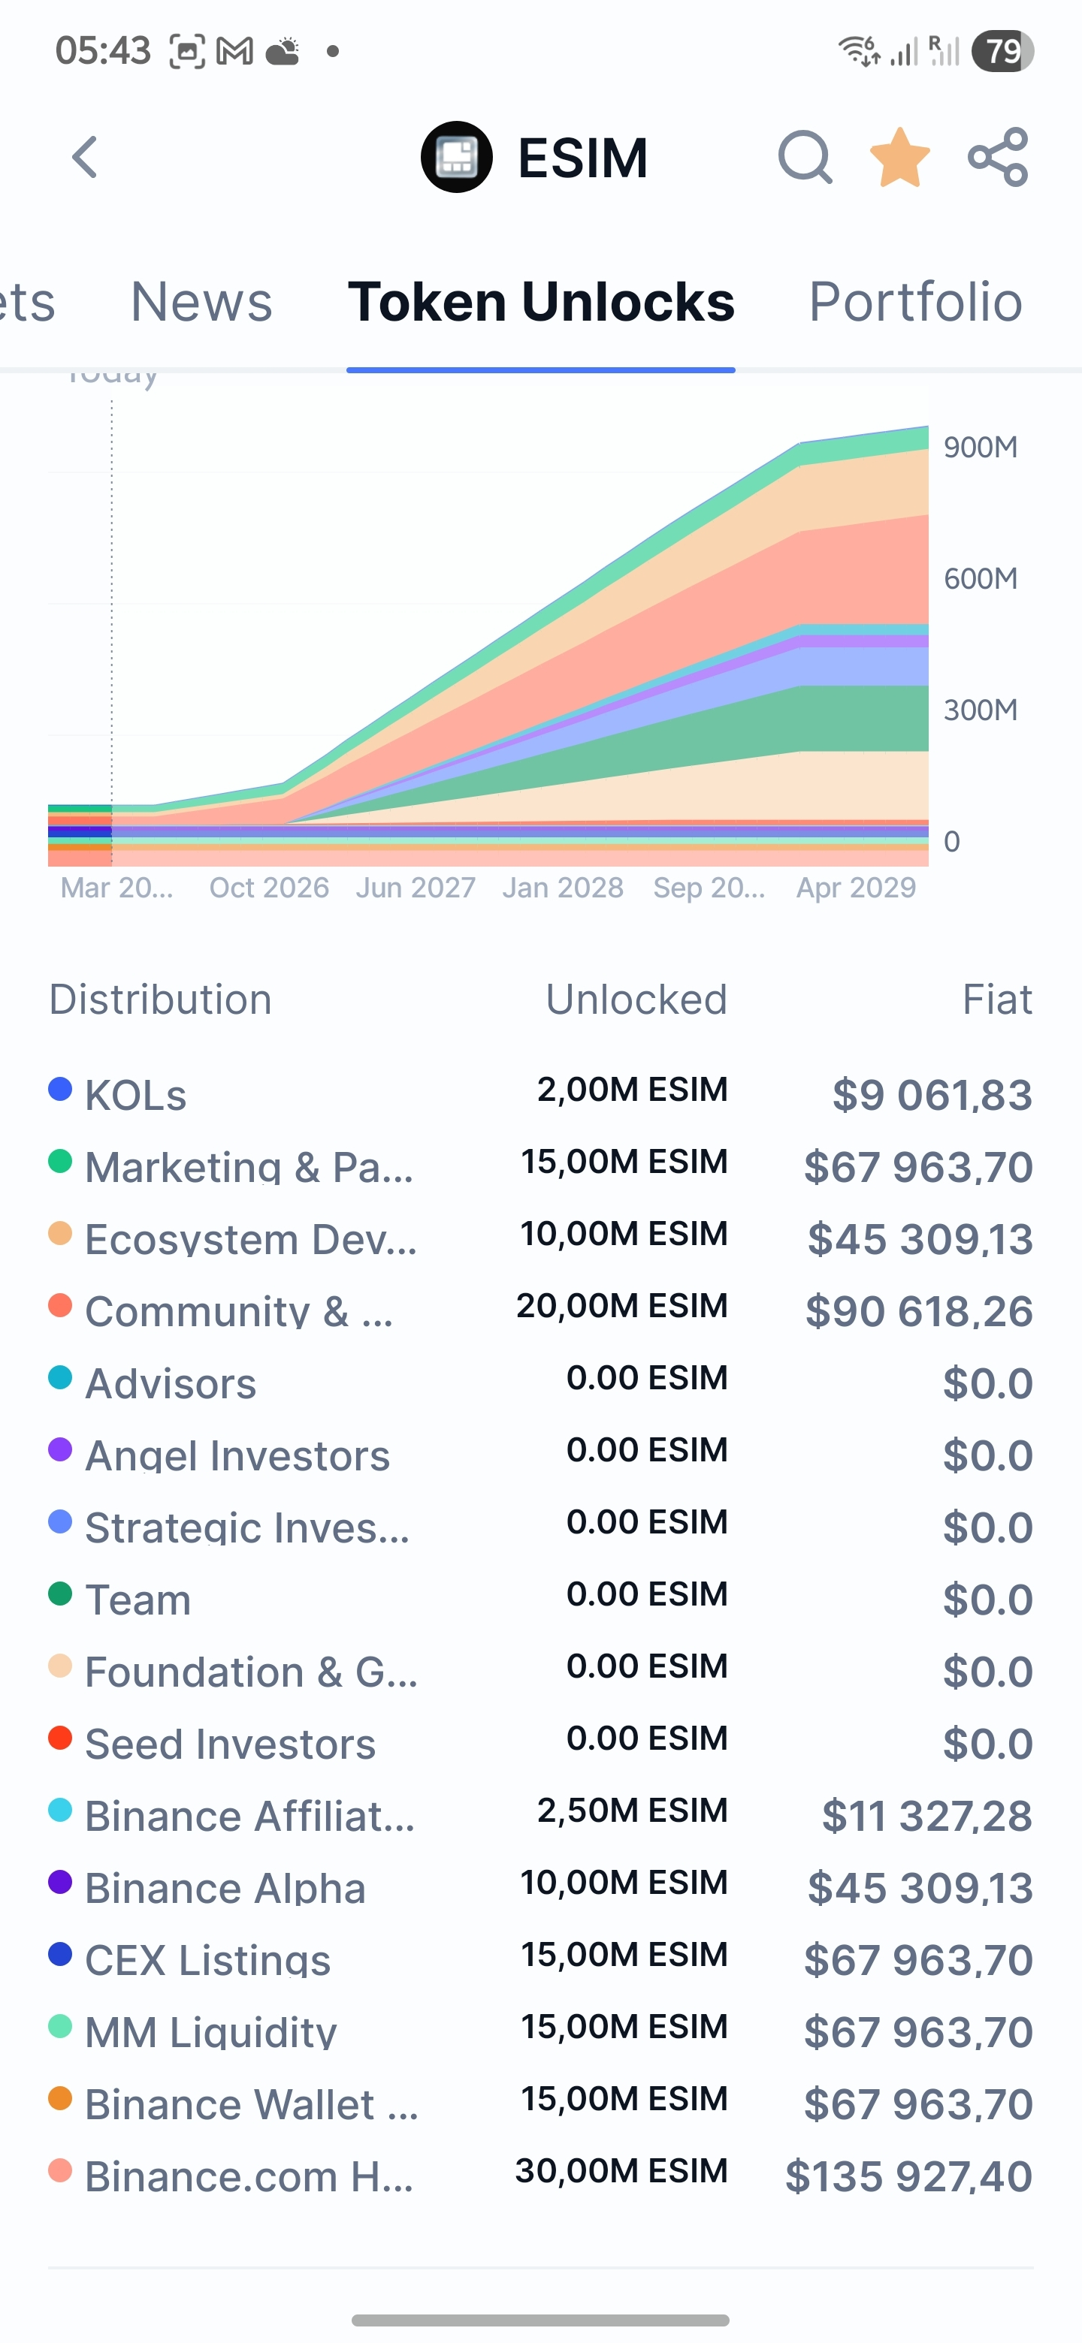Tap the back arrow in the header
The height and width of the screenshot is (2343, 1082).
click(86, 158)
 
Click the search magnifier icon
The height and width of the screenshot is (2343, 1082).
click(805, 158)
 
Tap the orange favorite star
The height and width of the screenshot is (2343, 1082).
click(899, 158)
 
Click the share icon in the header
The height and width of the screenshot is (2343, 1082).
click(999, 158)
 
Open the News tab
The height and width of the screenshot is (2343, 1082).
click(201, 301)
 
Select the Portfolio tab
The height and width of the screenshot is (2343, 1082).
click(915, 301)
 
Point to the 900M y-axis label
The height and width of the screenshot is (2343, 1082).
click(980, 447)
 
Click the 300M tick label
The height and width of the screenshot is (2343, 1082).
click(980, 710)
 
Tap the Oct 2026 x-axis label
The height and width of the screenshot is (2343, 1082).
click(269, 887)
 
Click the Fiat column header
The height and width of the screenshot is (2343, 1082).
click(996, 1000)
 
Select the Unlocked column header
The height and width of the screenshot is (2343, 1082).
click(636, 1000)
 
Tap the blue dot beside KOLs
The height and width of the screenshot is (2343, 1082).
click(60, 1089)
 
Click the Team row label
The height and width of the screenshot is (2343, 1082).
click(138, 1599)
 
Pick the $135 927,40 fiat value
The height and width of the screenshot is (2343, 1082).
click(908, 2176)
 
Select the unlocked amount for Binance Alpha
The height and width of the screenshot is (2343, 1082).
click(624, 1882)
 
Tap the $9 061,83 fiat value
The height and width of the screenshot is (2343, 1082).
click(932, 1094)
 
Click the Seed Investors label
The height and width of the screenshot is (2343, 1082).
click(230, 1744)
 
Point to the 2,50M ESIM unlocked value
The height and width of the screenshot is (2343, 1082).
click(632, 1810)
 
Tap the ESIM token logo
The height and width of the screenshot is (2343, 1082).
click(457, 158)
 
